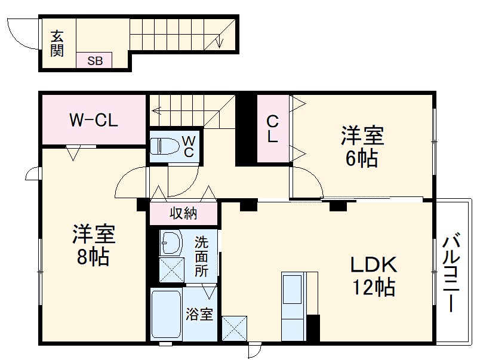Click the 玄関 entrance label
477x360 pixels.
[57, 43]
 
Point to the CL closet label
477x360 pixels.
[272, 128]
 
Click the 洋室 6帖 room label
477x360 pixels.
[361, 147]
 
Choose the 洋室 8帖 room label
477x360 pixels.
[92, 245]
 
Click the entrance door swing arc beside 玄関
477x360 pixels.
[21, 36]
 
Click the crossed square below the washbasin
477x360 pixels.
[171, 270]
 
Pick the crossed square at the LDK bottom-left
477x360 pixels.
[233, 328]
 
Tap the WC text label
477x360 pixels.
[187, 146]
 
